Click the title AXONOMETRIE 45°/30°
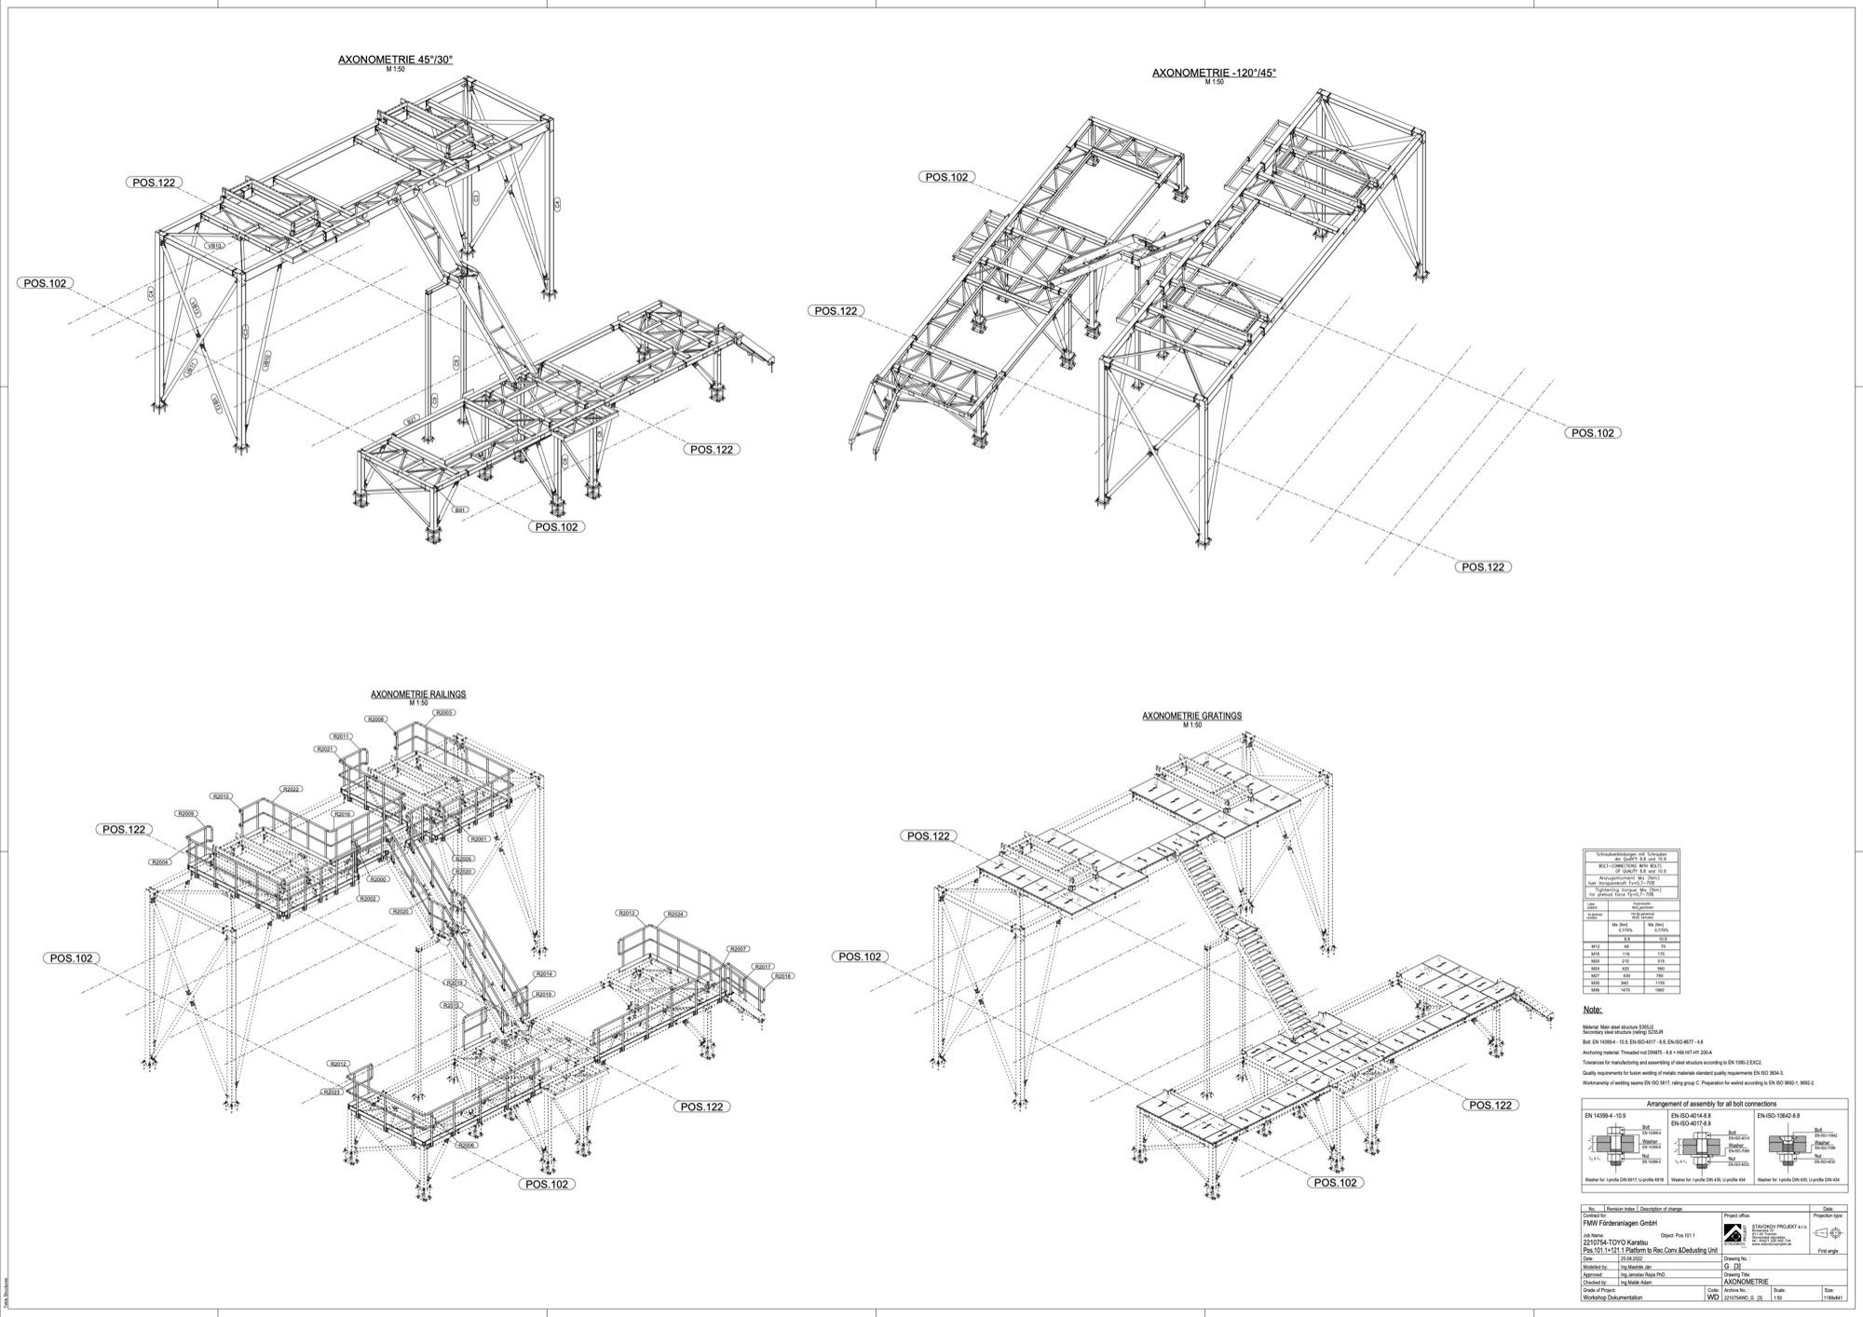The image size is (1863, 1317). [395, 60]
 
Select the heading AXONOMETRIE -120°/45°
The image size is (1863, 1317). [1214, 73]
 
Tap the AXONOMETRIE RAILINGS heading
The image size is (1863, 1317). [418, 694]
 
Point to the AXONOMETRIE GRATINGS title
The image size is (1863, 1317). [1191, 716]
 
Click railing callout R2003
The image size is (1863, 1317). [443, 713]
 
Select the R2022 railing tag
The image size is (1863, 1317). [291, 789]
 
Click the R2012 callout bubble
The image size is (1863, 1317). [337, 1064]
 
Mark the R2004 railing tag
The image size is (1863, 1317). [160, 862]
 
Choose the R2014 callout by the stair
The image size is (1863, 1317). [544, 974]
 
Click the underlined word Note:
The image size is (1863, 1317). [1593, 1010]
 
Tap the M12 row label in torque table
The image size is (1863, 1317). [1596, 945]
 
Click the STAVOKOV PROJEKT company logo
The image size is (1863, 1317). [1734, 1233]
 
